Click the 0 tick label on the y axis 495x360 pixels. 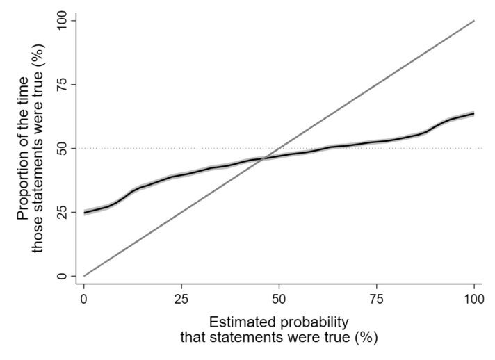pos(62,276)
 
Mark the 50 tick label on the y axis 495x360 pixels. pos(62,148)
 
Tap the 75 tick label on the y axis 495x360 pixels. pos(62,84)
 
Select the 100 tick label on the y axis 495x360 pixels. pos(62,21)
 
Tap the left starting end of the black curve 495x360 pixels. pos(84,212)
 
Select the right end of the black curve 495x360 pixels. pos(473,113)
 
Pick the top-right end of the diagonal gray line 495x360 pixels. pos(473,21)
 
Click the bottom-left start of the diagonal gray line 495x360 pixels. pos(84,276)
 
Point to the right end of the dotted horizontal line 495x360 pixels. pos(482,148)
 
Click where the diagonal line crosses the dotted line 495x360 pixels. pos(279,148)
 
